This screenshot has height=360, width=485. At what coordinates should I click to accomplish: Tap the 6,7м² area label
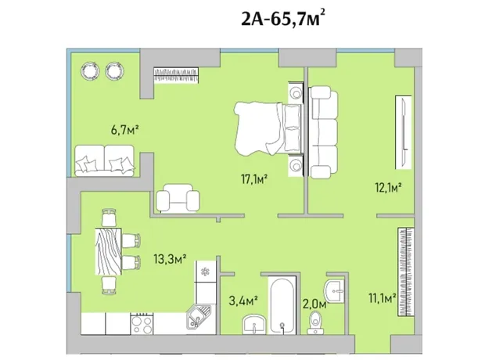(124, 130)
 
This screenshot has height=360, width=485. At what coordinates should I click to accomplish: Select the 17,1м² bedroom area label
(254, 179)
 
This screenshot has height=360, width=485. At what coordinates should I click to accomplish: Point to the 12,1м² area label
(388, 187)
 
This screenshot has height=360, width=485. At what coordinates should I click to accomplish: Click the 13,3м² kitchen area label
(170, 258)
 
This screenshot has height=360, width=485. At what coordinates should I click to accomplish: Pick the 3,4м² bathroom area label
(243, 301)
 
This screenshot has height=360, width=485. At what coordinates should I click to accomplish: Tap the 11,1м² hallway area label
(383, 299)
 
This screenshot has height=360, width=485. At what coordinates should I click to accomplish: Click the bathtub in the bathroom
(282, 305)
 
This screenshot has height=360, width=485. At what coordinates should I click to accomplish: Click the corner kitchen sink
(199, 315)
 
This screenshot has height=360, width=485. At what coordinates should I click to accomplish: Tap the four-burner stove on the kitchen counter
(142, 323)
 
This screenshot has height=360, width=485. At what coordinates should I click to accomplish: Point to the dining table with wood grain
(108, 251)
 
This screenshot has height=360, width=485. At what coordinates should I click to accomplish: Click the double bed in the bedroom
(268, 128)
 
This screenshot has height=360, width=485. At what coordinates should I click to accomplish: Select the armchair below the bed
(178, 198)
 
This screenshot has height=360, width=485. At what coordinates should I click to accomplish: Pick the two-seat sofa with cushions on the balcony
(105, 160)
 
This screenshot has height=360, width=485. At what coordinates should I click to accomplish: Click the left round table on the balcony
(90, 71)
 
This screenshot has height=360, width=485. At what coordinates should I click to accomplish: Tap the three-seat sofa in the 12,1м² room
(324, 132)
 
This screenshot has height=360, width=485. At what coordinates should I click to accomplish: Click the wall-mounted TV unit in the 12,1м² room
(404, 132)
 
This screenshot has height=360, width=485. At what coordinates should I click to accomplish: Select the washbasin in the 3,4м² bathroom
(254, 324)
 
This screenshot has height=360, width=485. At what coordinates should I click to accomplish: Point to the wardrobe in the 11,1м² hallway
(405, 272)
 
